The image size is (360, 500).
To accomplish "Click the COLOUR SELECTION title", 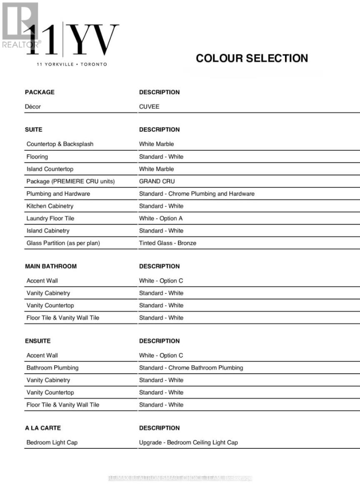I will click(252, 58).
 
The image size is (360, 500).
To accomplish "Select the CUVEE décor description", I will click(149, 107).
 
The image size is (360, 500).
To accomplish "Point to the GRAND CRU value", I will click(157, 181).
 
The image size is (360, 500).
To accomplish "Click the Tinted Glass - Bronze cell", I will click(167, 243).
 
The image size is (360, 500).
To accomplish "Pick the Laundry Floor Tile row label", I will click(50, 218).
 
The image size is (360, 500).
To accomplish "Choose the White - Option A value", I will click(161, 218).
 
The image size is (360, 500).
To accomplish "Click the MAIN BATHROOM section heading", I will click(51, 266).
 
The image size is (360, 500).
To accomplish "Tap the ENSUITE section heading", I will click(38, 341).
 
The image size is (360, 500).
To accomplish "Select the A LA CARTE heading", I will click(42, 428).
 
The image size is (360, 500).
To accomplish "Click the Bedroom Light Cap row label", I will click(52, 442).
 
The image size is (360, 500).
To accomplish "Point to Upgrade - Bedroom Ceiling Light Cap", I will click(188, 442).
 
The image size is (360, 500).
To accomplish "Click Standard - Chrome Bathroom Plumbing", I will click(191, 367).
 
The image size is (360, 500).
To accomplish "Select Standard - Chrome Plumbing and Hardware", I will click(197, 194).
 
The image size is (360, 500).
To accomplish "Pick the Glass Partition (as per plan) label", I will click(63, 243).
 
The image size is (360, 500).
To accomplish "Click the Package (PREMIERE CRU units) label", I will click(70, 181).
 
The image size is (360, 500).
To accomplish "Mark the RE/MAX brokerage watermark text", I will click(180, 478).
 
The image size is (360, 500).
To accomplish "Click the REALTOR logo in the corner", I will click(20, 25).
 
